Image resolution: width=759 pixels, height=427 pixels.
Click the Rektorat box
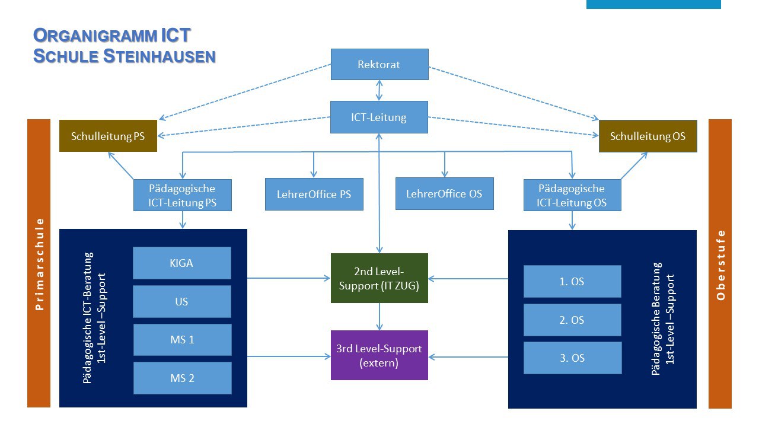click(x=379, y=64)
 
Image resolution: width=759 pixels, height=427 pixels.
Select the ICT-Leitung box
click(x=379, y=117)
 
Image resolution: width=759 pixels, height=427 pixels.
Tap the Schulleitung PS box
click(x=108, y=136)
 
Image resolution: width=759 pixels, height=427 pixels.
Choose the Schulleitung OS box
click(x=648, y=136)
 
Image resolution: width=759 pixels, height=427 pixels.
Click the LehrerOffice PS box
click(x=314, y=194)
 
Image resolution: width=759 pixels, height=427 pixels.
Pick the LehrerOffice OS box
click(x=444, y=193)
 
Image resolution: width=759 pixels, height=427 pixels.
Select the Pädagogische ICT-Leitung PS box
click(x=182, y=196)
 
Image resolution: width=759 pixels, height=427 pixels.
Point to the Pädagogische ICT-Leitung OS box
click(x=572, y=196)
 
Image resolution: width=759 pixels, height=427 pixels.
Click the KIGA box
click(x=181, y=263)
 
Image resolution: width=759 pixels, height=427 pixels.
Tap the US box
click(x=181, y=301)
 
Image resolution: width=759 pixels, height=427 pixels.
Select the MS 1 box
click(x=182, y=340)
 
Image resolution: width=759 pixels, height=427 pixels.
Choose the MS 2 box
click(x=182, y=378)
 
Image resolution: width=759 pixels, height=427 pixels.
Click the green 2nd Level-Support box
click(x=379, y=278)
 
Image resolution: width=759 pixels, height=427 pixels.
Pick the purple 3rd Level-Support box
click(x=379, y=355)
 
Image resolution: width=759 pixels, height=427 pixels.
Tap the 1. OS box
click(x=572, y=281)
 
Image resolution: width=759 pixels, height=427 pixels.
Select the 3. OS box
click(x=572, y=358)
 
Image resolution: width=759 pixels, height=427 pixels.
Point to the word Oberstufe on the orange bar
click(x=720, y=264)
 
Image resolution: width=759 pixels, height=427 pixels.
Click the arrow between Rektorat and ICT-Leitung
click(x=379, y=90)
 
